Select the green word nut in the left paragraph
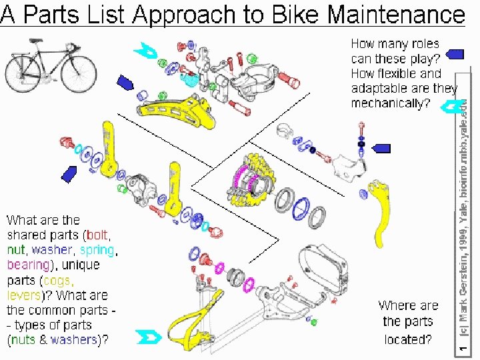16,250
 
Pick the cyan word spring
97,250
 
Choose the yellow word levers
27,295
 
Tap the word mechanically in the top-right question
390,103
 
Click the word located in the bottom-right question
407,339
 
